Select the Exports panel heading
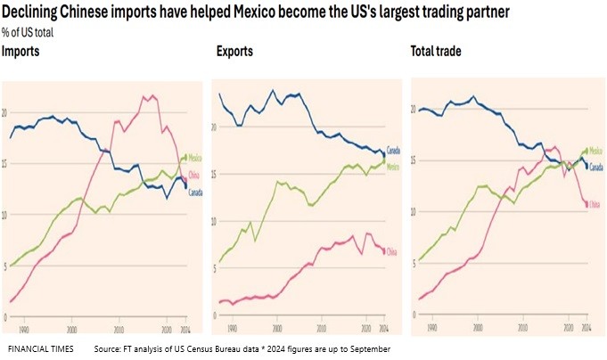pyautogui.click(x=234, y=52)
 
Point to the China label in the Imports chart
pyautogui.click(x=193, y=173)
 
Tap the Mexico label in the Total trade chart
pyautogui.click(x=595, y=151)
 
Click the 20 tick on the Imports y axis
pyautogui.click(x=7, y=113)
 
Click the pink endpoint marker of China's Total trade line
pyautogui.click(x=586, y=205)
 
